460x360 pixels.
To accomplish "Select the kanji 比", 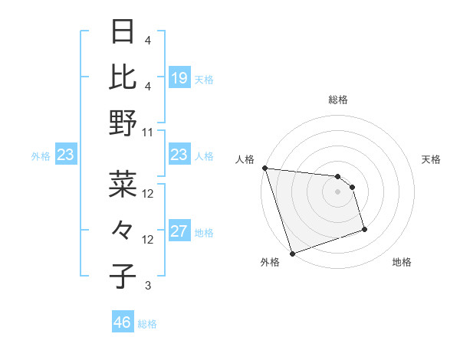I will pyautogui.click(x=123, y=77).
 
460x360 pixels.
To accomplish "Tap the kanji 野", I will pyautogui.click(x=123, y=123).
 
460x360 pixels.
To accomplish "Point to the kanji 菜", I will pyautogui.click(x=123, y=184).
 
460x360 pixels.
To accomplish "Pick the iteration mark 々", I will pyautogui.click(x=123, y=230).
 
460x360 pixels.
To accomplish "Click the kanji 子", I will pyautogui.click(x=123, y=276).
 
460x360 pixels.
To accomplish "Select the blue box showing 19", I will pyautogui.click(x=179, y=78).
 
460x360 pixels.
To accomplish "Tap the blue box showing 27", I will pyautogui.click(x=179, y=232).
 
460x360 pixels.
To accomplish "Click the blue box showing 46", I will pyautogui.click(x=123, y=322).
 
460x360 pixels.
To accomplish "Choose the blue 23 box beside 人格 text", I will pyautogui.click(x=179, y=155).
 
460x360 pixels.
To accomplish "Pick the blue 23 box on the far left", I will pyautogui.click(x=65, y=155).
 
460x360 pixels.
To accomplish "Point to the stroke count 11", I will pyautogui.click(x=148, y=132).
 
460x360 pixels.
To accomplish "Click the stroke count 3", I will pyautogui.click(x=148, y=286).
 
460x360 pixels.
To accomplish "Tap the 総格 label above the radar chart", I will pyautogui.click(x=337, y=100).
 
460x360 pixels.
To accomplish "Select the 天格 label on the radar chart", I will pyautogui.click(x=431, y=159).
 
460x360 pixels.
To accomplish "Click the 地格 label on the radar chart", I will pyautogui.click(x=402, y=262).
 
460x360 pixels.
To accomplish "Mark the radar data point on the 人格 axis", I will pyautogui.click(x=264, y=168).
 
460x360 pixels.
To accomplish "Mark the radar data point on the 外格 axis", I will pyautogui.click(x=292, y=253).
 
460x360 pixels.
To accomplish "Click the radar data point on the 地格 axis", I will pyautogui.click(x=364, y=229).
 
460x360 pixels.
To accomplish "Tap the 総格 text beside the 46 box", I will pyautogui.click(x=147, y=324).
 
